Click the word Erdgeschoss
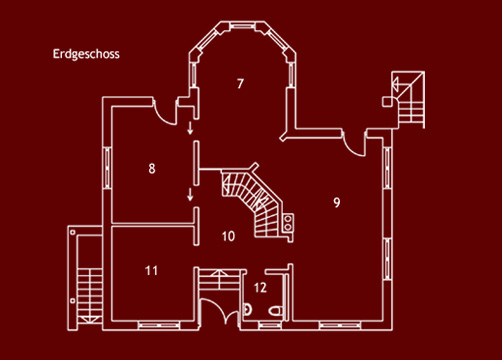point(86,55)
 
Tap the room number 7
point(240,83)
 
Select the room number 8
point(152,168)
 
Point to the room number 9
point(337,202)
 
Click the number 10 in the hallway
point(228,237)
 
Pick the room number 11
point(152,270)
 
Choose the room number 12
point(260,287)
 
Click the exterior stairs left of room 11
point(85,280)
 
